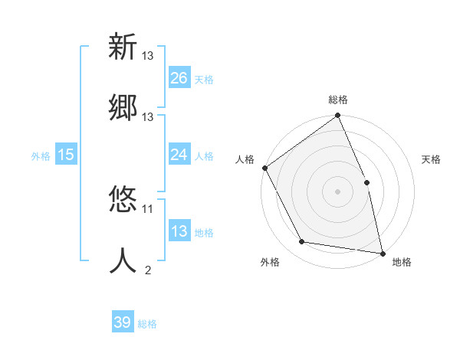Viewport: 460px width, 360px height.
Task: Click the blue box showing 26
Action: click(179, 77)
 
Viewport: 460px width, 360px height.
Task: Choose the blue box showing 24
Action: click(179, 155)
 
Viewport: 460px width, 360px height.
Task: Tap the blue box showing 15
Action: click(66, 155)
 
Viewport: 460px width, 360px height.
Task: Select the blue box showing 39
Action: click(123, 322)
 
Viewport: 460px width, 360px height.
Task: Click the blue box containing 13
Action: click(179, 231)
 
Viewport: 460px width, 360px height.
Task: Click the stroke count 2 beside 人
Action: click(148, 270)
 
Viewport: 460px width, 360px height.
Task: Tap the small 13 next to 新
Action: click(148, 56)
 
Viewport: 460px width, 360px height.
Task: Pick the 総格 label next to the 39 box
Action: click(147, 324)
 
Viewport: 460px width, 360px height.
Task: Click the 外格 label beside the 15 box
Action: click(41, 155)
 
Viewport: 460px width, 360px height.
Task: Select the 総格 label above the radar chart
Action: click(338, 100)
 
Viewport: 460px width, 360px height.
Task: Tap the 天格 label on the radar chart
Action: click(432, 159)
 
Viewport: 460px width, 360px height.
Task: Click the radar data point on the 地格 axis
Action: click(382, 253)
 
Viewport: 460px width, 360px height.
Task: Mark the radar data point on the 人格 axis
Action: click(264, 168)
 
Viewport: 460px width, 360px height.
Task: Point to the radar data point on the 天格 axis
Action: click(366, 182)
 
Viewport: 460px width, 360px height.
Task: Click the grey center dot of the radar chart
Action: click(337, 191)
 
